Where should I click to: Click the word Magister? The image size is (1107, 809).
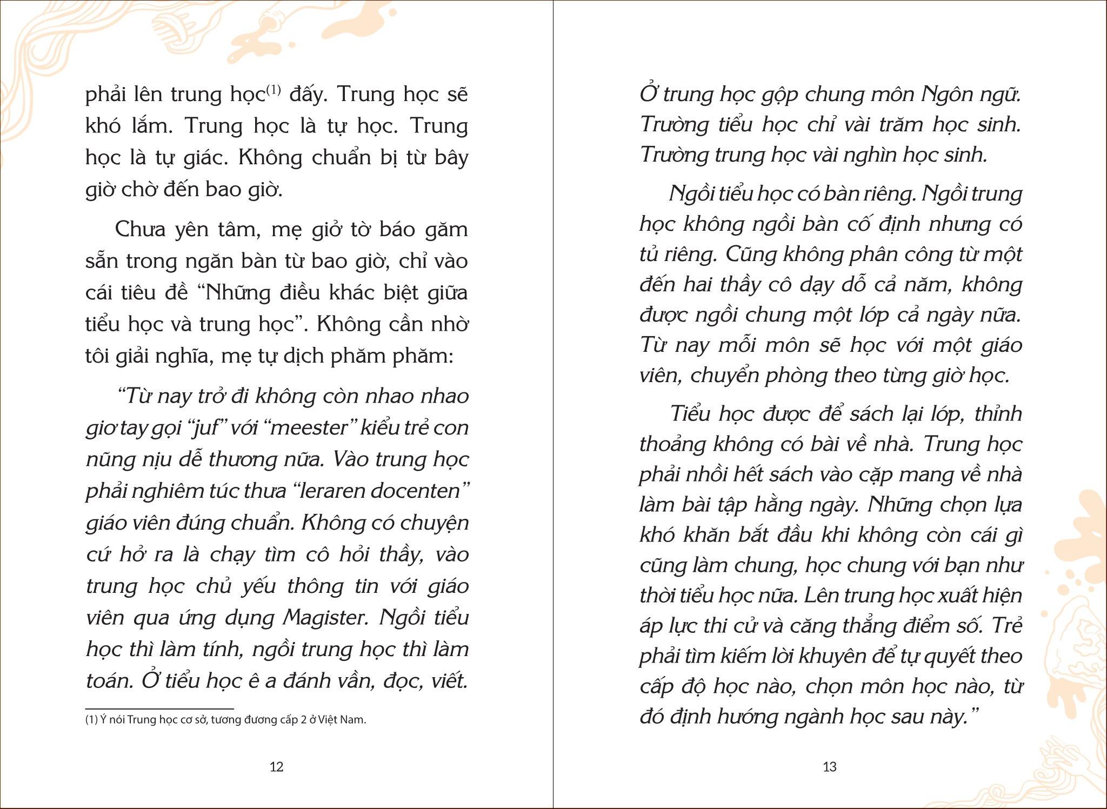coord(326,618)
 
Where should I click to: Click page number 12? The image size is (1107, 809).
coord(276,766)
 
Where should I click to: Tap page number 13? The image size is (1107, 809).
coord(829,766)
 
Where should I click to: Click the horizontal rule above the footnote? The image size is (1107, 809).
coord(159,708)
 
